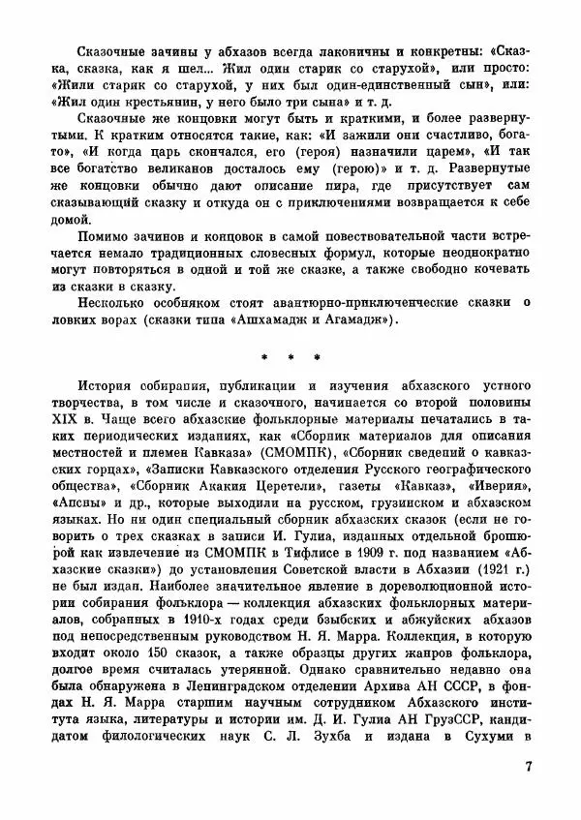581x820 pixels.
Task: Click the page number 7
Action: (x=529, y=769)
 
